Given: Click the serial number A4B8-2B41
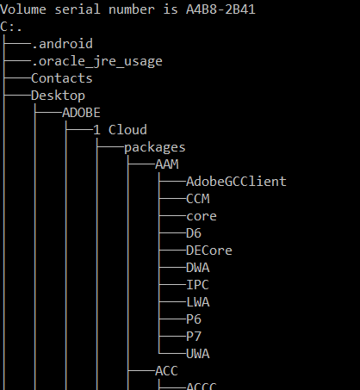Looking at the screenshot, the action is [x=220, y=9].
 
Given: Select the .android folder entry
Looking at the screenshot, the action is [x=62, y=44].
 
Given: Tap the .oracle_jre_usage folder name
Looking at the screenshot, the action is [x=97, y=62].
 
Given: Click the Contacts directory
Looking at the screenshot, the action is [x=62, y=78].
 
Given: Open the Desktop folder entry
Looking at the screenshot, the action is [x=58, y=96].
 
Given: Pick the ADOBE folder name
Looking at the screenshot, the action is [x=81, y=113].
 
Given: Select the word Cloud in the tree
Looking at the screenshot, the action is [x=127, y=130].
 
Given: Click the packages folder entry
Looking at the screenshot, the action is [x=155, y=148].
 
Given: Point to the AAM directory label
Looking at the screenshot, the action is [x=167, y=164].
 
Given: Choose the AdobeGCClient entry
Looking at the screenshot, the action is [x=236, y=182].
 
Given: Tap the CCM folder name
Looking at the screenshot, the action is [x=198, y=199].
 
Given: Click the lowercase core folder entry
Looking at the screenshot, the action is [x=202, y=217].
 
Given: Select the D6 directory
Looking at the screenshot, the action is [x=194, y=233].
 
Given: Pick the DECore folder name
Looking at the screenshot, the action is [x=209, y=251].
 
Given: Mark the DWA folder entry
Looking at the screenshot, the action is [x=198, y=268].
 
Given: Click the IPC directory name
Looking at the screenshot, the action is [x=197, y=285].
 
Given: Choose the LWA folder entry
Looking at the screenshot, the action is [x=198, y=302].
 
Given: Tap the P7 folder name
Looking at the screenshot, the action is [x=194, y=337].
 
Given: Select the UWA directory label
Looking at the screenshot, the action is [x=198, y=354].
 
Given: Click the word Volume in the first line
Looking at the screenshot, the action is [x=23, y=9].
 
